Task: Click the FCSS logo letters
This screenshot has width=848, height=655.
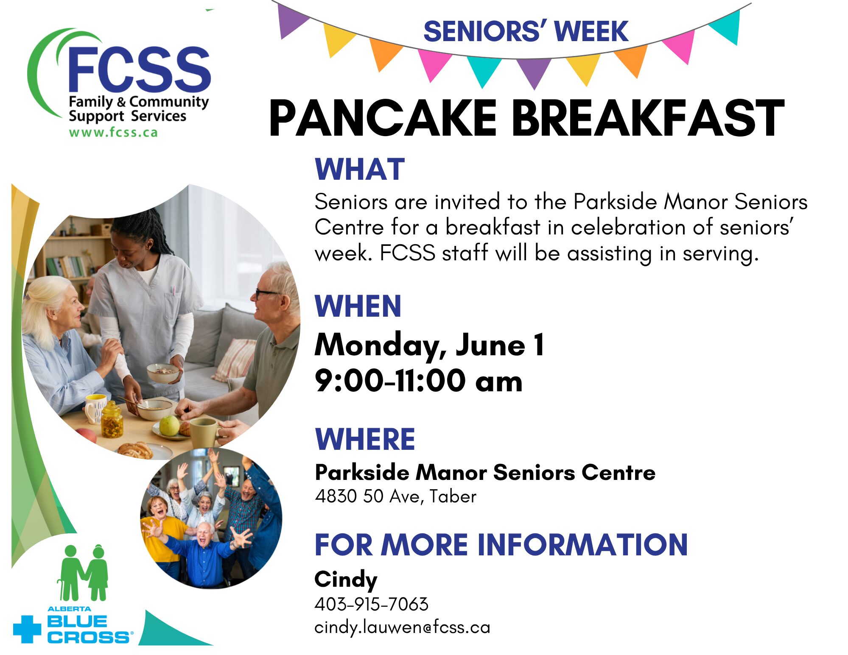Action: coord(139,69)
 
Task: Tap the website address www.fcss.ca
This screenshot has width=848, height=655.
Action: coord(113,132)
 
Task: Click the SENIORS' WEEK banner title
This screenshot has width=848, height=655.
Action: coord(526,31)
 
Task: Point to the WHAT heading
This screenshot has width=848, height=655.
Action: coord(360,169)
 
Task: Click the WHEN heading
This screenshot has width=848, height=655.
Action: coord(358,306)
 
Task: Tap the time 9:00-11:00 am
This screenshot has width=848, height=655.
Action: coord(418,381)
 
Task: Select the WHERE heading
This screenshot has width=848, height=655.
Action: coord(365,439)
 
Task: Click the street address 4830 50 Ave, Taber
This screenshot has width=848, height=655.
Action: coord(396,496)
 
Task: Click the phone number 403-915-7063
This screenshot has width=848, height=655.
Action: coord(372,604)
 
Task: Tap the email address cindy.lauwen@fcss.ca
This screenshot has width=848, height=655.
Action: coord(402,627)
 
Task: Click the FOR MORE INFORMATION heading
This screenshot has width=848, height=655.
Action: coord(501,545)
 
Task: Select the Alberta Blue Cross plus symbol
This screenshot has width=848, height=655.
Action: coord(27,629)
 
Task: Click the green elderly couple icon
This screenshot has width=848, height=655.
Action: coord(83,572)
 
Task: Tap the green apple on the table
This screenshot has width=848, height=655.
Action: coord(169,425)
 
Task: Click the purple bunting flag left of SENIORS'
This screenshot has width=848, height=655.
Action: coord(293,21)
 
